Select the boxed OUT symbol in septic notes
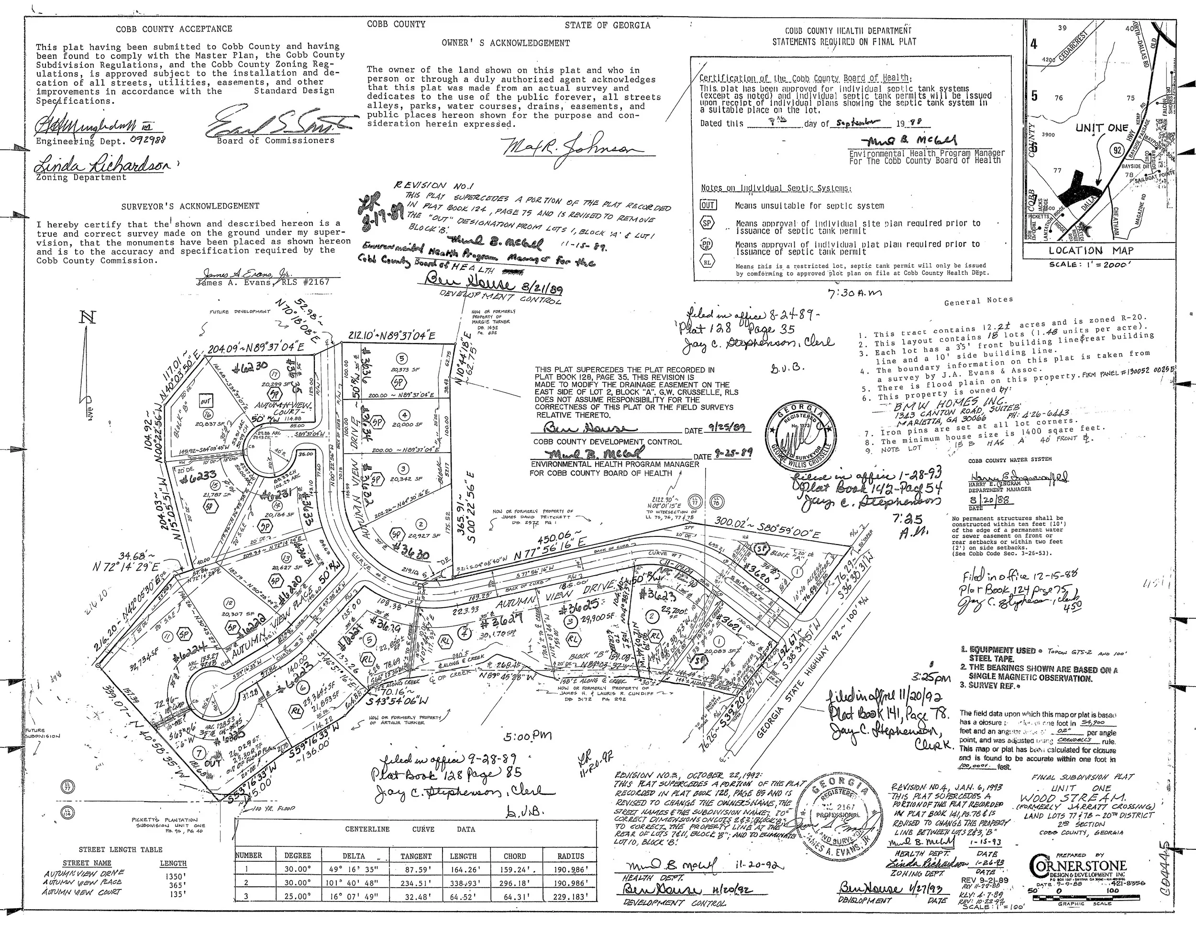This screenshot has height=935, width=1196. tap(708, 205)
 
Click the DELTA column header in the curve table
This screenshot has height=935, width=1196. tap(354, 856)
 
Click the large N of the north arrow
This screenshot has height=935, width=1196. tap(88, 318)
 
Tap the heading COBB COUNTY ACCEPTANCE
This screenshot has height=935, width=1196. tap(174, 29)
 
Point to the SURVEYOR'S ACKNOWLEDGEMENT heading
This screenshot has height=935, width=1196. tap(190, 206)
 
